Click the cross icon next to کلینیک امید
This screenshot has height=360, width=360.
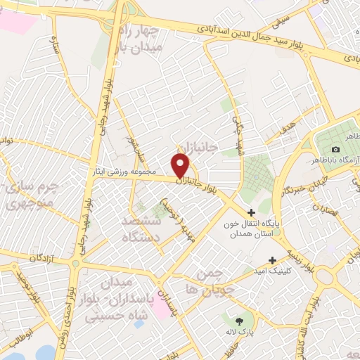click(272, 260)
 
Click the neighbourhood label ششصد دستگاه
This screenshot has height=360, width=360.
click(141, 229)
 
